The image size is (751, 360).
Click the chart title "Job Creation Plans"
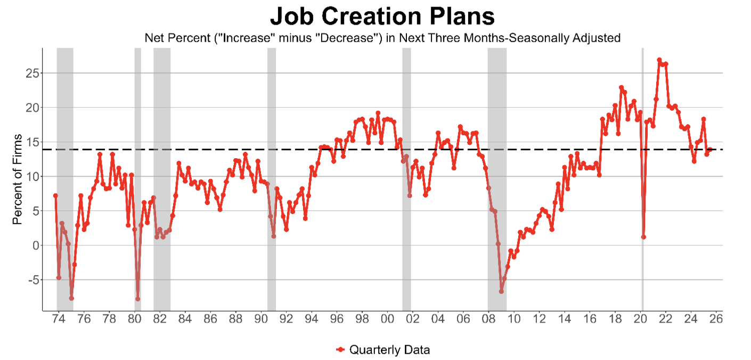[x=382, y=16]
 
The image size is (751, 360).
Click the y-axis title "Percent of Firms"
[x=18, y=179]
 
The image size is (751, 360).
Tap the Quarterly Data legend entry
[x=383, y=350]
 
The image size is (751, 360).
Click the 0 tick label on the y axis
[x=35, y=245]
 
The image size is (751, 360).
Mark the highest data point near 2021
[x=659, y=60]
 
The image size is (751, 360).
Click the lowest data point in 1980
[x=137, y=299]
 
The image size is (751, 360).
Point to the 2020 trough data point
[x=643, y=237]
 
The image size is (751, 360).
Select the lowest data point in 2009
[x=501, y=291]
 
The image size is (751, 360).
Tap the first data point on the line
[x=55, y=195]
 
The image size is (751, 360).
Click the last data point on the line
[x=710, y=150]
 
